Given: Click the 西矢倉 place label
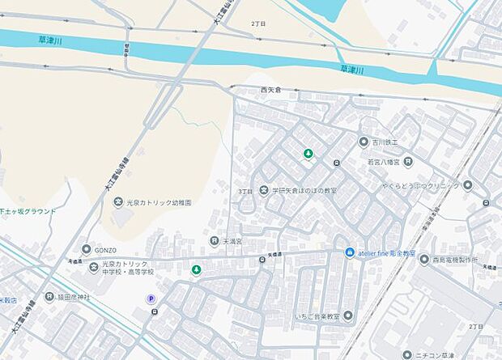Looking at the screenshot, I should (270, 89).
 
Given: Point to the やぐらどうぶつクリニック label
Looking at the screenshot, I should (417, 184).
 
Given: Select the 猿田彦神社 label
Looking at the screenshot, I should (74, 297).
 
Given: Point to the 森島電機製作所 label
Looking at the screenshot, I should (455, 259).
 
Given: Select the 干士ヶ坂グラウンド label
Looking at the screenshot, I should (28, 211).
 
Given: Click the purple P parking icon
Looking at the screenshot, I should (151, 299).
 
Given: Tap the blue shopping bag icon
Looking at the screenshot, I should (350, 253).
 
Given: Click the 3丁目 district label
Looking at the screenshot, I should (245, 191).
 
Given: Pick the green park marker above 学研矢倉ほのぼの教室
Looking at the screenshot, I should (308, 154).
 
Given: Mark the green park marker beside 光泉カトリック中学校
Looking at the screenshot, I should (195, 269).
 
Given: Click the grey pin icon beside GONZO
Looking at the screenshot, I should (86, 250).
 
